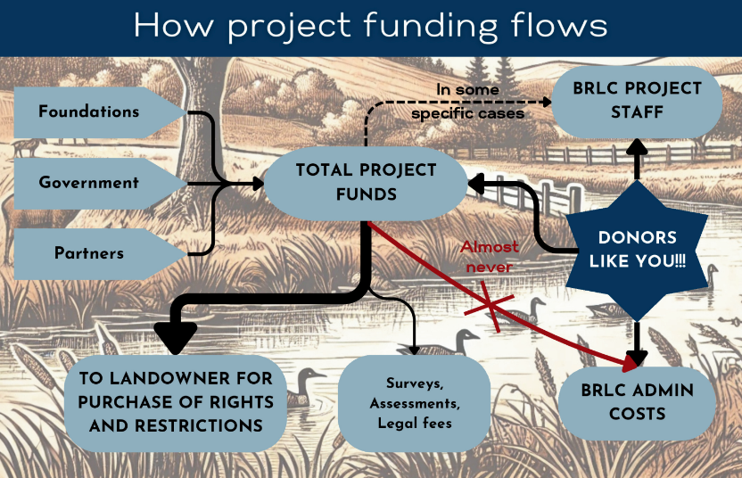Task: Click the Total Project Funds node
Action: pos(367,182)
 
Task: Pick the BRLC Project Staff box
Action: pos(638,101)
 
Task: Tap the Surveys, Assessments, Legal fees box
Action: pos(415,403)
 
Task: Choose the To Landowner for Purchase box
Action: pos(176,402)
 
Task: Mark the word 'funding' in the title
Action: pos(425,26)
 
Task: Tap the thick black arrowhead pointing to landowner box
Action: pos(177,338)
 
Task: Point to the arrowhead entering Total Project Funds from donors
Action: pos(476,183)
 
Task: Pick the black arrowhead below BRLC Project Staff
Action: pos(638,146)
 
